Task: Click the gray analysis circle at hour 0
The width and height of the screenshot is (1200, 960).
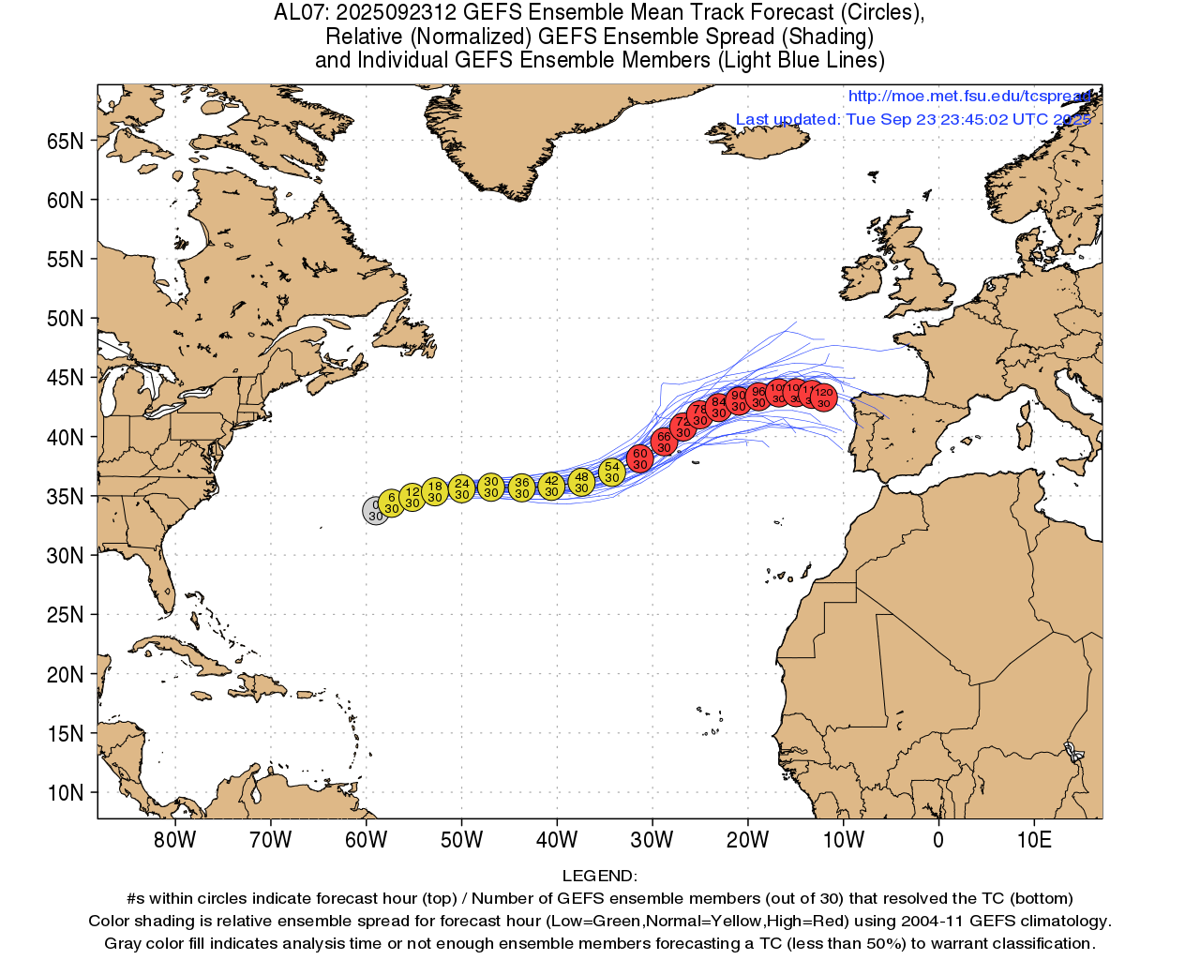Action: point(376,511)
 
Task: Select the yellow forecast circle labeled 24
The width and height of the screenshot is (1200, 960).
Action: point(461,488)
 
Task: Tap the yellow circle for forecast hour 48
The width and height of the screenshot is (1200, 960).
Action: point(581,482)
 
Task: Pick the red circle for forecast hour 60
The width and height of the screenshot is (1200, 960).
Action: point(639,458)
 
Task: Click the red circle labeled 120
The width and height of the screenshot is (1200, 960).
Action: point(823,397)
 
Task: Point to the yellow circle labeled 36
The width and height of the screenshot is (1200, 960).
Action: point(522,487)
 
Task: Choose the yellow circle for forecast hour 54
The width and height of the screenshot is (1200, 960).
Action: point(611,472)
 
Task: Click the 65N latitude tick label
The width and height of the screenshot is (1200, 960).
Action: point(65,142)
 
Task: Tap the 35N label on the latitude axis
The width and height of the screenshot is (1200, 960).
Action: point(65,497)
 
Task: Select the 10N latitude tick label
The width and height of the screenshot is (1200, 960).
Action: point(65,793)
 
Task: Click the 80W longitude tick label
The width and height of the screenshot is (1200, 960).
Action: point(175,840)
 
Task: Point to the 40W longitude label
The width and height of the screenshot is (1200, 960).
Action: point(557,840)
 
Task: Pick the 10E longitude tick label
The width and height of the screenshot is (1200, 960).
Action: point(1034,840)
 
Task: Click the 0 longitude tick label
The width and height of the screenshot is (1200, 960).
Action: point(938,840)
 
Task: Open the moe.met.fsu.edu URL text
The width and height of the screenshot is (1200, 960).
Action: point(969,96)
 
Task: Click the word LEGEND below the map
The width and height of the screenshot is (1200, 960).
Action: point(599,876)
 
